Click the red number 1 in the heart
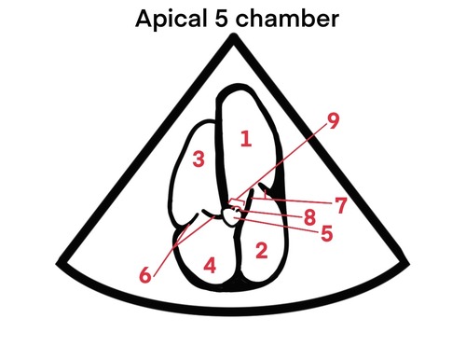[245, 140]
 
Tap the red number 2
[261, 249]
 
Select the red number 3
[198, 159]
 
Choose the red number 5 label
[326, 234]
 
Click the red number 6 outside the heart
[145, 275]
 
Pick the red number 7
[341, 206]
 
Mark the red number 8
[309, 220]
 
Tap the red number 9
[333, 119]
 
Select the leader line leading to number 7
[298, 201]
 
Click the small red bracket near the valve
[238, 201]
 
